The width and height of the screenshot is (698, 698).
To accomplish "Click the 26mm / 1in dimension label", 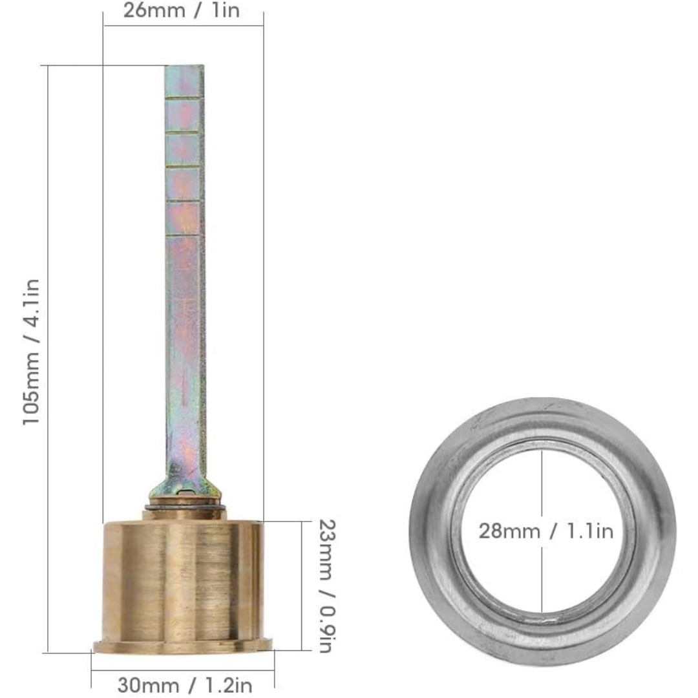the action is pos(182,10).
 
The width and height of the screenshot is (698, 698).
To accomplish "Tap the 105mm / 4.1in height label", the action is pos(32,352).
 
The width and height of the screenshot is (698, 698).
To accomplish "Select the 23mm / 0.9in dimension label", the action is pos(327,586).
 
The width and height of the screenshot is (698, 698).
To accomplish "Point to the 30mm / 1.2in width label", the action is pos(185,685).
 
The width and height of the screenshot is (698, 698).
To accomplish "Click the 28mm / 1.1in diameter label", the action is pos(546,531).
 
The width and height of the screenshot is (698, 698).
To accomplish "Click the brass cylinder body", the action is pos(183,581).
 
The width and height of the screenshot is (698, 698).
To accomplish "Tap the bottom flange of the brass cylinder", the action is pos(183,646).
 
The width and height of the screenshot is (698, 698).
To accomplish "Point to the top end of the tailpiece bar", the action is pos(185,66).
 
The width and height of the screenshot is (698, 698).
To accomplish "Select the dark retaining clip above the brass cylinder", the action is pos(185,508).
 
